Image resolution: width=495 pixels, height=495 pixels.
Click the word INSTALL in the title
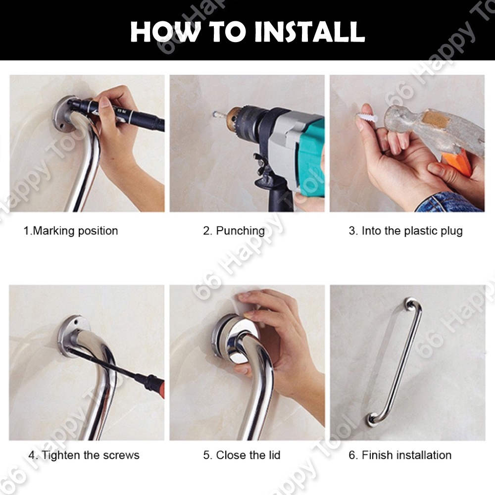tap(309, 32)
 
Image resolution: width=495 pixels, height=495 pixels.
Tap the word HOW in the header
tap(165, 32)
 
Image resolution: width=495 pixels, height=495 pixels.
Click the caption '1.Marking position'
tap(71, 231)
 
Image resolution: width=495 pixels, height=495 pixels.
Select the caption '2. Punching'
tap(234, 231)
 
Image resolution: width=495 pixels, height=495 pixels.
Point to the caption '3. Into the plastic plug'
tap(406, 231)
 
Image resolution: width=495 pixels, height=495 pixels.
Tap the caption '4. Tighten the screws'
tap(84, 455)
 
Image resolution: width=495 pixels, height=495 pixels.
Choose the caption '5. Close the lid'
tap(242, 455)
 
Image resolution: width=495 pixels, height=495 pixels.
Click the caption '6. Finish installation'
tap(400, 455)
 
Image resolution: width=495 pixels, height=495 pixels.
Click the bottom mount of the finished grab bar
tap(372, 420)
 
